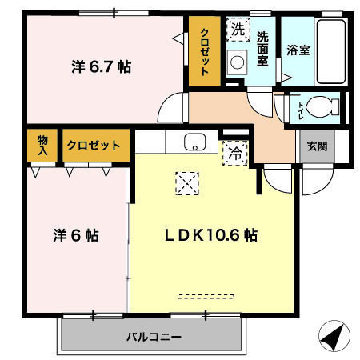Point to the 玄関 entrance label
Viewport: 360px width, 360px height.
click(316, 147)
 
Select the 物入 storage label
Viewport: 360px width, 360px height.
click(42, 146)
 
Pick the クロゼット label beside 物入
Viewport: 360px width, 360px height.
click(94, 146)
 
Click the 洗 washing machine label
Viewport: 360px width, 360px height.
click(238, 30)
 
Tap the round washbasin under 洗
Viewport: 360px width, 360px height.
click(237, 61)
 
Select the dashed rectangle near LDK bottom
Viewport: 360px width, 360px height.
click(202, 295)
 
